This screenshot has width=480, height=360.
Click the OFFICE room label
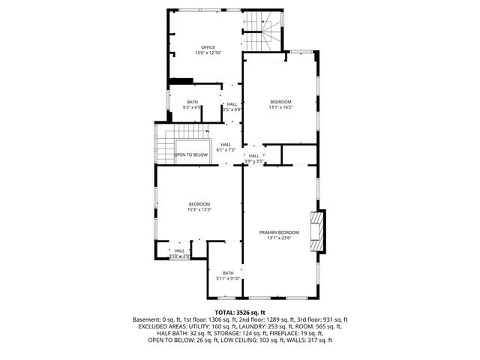tap(208, 47)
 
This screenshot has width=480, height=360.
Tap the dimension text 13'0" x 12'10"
tap(208, 53)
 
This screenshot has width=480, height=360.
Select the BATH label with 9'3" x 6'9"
tap(193, 102)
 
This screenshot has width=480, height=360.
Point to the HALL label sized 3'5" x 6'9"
tap(232, 104)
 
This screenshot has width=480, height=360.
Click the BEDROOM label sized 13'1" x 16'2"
tap(280, 101)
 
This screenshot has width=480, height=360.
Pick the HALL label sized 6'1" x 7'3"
tap(226, 145)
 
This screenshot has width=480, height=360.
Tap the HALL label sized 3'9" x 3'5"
tap(253, 156)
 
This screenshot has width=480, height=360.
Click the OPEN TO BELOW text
tap(190, 155)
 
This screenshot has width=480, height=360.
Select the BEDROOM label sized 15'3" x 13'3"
tap(199, 204)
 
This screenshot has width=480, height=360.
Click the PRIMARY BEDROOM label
tap(279, 232)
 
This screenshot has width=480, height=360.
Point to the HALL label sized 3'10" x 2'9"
tap(179, 251)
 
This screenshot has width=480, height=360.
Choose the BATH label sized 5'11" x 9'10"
tap(228, 273)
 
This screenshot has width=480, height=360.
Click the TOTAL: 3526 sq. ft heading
tap(240, 312)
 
